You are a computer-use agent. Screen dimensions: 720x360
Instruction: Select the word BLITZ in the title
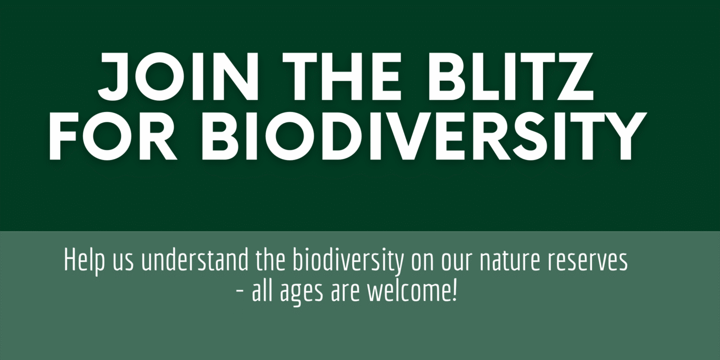[511, 76]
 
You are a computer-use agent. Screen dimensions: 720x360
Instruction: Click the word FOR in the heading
[113, 136]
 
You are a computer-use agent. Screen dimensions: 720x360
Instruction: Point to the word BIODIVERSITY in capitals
[424, 136]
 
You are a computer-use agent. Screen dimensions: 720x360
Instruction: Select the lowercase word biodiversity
[348, 261]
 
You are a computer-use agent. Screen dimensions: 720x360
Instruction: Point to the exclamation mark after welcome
[454, 291]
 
